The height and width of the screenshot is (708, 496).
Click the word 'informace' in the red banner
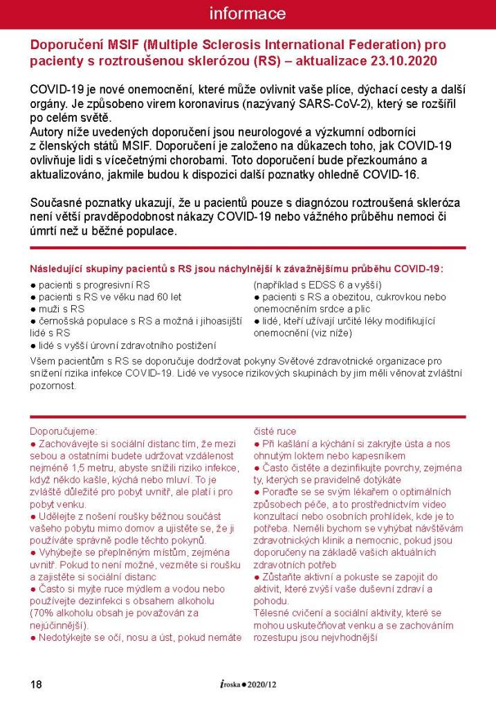247,14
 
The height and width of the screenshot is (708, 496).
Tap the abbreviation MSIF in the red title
121,45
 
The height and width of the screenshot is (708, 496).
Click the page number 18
37,684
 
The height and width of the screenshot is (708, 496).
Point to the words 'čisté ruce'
275,430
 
